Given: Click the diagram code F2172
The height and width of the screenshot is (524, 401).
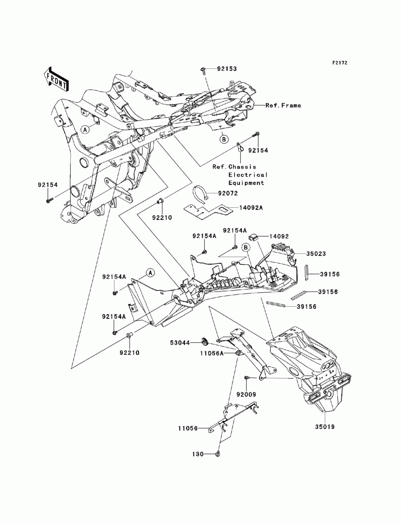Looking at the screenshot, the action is coord(340,63).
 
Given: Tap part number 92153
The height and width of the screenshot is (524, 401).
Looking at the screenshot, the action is coord(227,69).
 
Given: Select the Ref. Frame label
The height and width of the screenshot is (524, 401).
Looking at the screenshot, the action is coord(283,105).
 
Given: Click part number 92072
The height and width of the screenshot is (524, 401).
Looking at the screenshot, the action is coord(228,193).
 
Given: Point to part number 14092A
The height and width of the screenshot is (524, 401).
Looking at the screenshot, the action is coord(251,208).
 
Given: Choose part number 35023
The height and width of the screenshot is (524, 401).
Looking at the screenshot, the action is coord(316,253).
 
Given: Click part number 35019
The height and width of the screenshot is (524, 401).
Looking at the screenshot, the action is coord(324,427).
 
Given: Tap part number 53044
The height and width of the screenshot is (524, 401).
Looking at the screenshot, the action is coord(180,343).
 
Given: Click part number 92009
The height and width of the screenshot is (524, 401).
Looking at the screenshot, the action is coord(246,395).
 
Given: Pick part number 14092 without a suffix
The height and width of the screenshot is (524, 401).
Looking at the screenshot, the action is coord(279,237).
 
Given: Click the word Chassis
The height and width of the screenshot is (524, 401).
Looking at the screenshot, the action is coord(243,167).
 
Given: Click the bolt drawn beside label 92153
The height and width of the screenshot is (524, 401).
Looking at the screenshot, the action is coord(203,71).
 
